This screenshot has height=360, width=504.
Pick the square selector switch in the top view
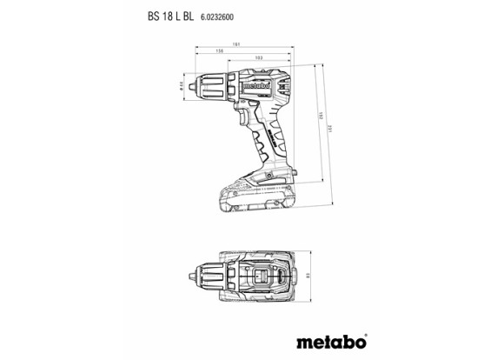pyautogui.click(x=261, y=277)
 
